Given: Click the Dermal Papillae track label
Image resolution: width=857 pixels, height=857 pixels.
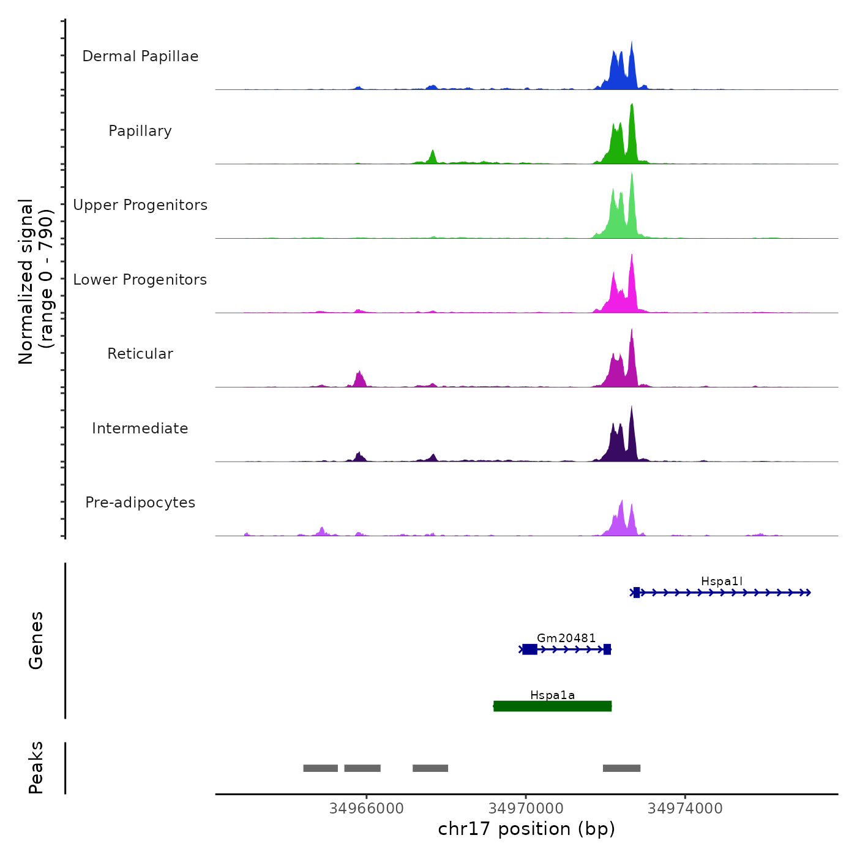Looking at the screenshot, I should coord(140,56).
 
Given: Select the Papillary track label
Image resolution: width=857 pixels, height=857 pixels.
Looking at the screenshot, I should coord(140,131).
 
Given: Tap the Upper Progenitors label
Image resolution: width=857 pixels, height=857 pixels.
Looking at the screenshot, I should coord(140,205).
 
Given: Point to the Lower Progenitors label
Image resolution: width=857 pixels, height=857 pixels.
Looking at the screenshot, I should coord(140,280).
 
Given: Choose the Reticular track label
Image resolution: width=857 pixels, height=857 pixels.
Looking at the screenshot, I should coord(140,354).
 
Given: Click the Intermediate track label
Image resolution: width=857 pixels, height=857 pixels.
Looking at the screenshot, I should coord(140,428).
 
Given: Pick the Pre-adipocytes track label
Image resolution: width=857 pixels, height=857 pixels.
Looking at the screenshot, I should coord(140,503).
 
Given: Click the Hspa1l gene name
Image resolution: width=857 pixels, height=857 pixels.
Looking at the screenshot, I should coord(722,582).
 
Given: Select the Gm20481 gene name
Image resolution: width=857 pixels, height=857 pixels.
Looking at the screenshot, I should coord(566,638).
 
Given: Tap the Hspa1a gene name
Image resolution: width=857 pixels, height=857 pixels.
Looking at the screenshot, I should coord(552,695).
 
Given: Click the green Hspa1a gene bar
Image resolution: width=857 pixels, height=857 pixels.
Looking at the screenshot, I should coord(552,706).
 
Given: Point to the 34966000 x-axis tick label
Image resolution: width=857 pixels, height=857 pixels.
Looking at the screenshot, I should coord(366,809).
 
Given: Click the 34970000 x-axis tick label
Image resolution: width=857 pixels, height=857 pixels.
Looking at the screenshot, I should coord(526,809).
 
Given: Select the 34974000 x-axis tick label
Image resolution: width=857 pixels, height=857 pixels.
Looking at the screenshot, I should coord(685,809).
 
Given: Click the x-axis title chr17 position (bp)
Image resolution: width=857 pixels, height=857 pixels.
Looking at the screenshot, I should coord(526,829).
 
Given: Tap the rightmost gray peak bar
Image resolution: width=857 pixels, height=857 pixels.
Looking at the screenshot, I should coord(621,768).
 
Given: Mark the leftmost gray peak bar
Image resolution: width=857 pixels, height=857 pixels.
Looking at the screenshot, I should coord(320,768).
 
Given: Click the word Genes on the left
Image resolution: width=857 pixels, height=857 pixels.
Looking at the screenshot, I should coord(36,640).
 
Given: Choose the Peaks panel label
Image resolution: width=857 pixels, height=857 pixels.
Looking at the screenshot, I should coord(36,768).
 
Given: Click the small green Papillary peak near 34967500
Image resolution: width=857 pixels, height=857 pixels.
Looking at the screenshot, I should coord(433,157).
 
